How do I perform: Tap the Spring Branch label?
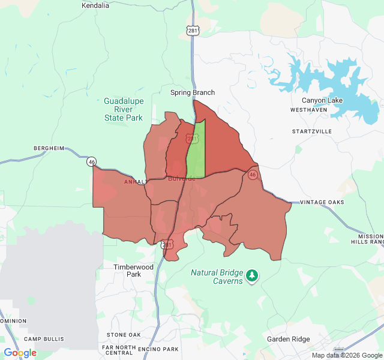tap(192, 92)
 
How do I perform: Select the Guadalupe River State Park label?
tap(123, 110)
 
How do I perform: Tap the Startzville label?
tap(311, 131)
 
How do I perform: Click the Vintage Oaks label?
tap(322, 202)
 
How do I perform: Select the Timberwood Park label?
tap(134, 271)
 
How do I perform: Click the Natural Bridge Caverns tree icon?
tap(253, 276)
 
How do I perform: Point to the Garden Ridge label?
tap(288, 339)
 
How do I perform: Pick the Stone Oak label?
tap(124, 335)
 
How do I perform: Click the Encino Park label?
tap(158, 349)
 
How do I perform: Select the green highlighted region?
tap(197, 150)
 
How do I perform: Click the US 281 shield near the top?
tap(192, 31)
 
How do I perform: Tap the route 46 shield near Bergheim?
tap(91, 162)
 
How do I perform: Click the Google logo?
tap(20, 353)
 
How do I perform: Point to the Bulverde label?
tap(181, 179)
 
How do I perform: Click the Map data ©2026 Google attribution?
tap(346, 355)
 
